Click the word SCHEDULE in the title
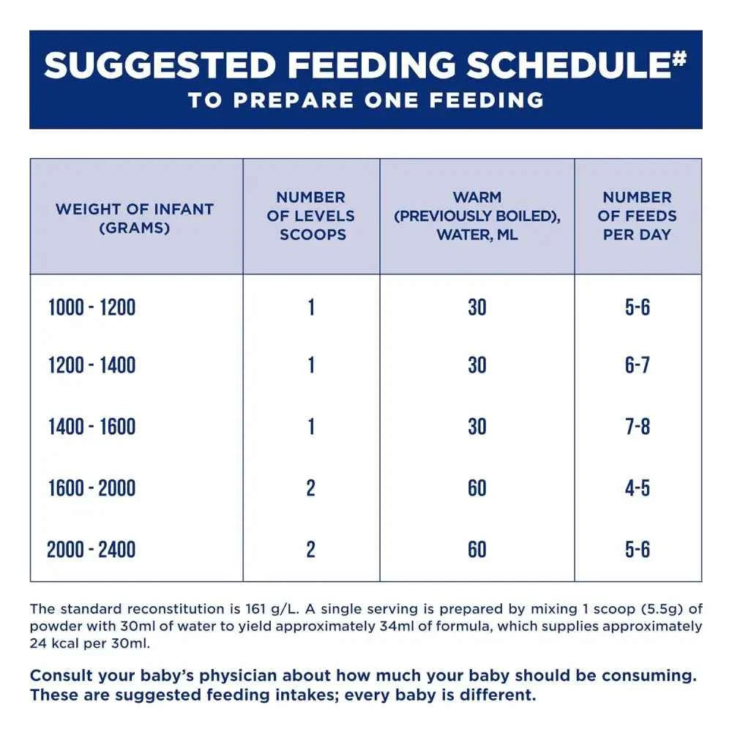click(x=569, y=64)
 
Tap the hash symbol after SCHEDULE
click(x=680, y=58)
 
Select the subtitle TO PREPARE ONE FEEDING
click(x=366, y=100)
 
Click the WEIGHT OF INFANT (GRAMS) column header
click(x=135, y=218)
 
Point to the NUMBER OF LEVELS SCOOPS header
click(x=311, y=216)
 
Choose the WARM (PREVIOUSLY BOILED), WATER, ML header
click(x=477, y=216)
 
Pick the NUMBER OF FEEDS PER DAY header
click(x=638, y=216)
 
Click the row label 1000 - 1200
click(x=92, y=307)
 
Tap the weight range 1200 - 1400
click(x=92, y=365)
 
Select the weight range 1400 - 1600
click(x=92, y=427)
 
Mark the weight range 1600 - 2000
click(x=92, y=488)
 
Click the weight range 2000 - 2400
click(x=91, y=550)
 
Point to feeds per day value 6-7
click(x=638, y=365)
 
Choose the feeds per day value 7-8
click(x=638, y=427)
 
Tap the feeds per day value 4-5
click(x=638, y=488)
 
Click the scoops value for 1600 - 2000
click(x=311, y=488)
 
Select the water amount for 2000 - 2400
click(x=477, y=550)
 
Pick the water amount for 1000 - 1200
click(x=477, y=307)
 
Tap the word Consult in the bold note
click(x=57, y=676)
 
